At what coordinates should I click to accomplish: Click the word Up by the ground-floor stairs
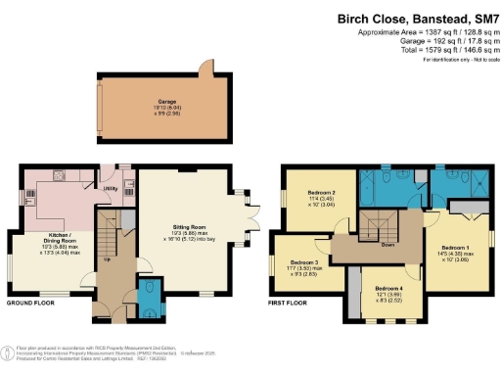107,260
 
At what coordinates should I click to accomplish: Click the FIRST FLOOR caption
290,304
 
